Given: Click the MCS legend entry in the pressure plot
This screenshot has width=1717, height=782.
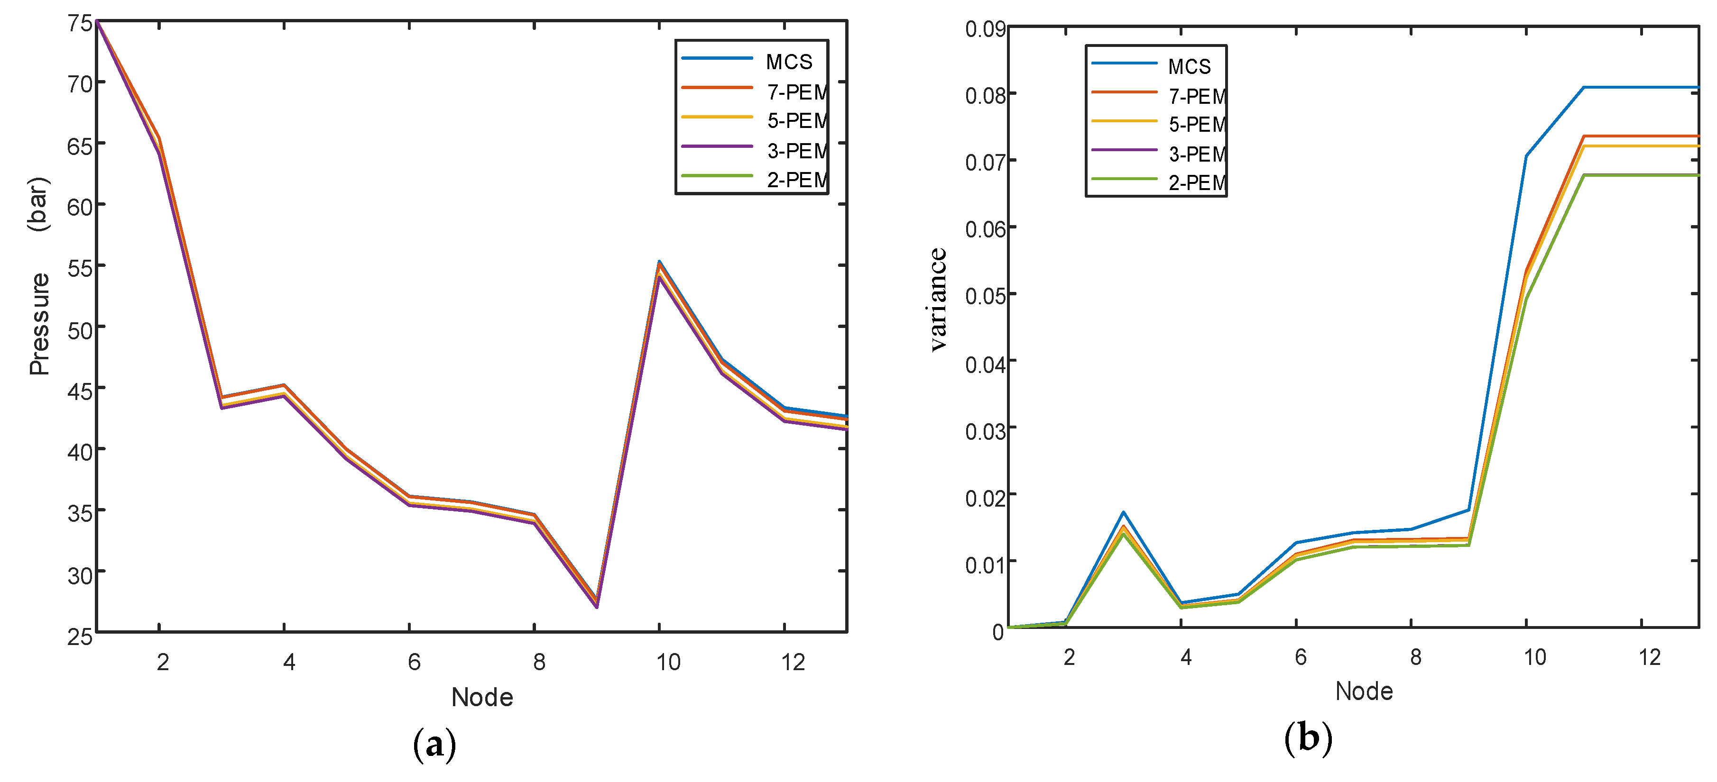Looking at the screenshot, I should tap(788, 62).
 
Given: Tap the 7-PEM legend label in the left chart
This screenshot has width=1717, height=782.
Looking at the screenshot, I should tap(796, 92).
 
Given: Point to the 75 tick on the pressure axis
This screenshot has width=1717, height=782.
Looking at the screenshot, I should tap(79, 23).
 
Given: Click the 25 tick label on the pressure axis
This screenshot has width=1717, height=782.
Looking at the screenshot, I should tap(79, 637).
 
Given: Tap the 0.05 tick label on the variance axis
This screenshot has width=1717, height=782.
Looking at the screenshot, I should tap(985, 296).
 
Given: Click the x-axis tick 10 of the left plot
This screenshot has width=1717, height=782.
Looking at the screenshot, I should tap(668, 662).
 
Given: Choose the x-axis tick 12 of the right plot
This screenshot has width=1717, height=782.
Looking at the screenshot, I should tap(1650, 657).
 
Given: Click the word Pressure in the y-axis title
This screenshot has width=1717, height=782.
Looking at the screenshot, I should tap(39, 324).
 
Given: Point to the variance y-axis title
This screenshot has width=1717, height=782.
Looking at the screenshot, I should tap(938, 299).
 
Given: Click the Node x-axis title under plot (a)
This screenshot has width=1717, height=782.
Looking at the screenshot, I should tap(482, 698).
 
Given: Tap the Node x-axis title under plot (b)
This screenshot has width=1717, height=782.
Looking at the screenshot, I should tap(1364, 691).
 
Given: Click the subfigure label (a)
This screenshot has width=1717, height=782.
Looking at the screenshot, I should tap(434, 744).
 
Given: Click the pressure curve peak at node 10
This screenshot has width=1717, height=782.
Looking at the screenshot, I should tap(658, 263).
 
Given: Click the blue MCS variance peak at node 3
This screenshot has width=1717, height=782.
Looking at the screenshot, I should tap(1123, 512).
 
